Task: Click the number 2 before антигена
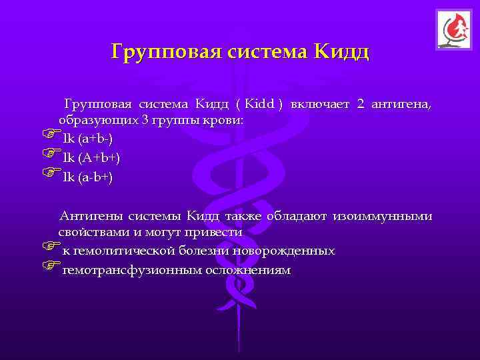[x=360, y=104]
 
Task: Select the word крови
[x=226, y=121]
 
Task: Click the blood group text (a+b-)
[x=95, y=139]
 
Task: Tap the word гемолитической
[x=123, y=251]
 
